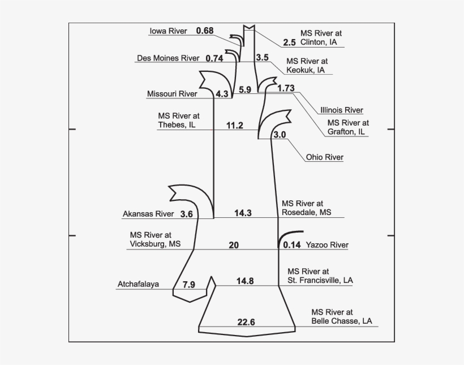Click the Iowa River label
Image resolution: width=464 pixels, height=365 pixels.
pyautogui.click(x=169, y=31)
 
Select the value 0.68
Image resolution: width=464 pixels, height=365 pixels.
pyautogui.click(x=205, y=31)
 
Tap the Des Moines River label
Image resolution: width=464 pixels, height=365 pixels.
pyautogui.click(x=168, y=58)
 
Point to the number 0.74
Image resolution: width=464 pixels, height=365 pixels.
pyautogui.click(x=214, y=58)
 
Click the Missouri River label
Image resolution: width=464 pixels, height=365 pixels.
pyautogui.click(x=172, y=94)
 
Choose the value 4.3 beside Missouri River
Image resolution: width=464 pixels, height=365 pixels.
pyautogui.click(x=222, y=94)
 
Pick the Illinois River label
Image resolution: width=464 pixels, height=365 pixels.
pyautogui.click(x=342, y=110)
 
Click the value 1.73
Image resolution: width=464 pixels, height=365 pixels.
pyautogui.click(x=286, y=88)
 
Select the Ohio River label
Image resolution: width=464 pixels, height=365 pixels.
pyautogui.click(x=325, y=157)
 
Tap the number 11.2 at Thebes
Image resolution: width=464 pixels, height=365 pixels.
pyautogui.click(x=235, y=126)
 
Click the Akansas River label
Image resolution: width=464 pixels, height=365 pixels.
pyautogui.click(x=148, y=214)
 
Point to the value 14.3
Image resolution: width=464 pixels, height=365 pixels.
pyautogui.click(x=243, y=213)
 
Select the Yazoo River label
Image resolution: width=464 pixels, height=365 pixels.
pyautogui.click(x=327, y=245)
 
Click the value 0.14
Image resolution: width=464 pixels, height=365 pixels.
pyautogui.click(x=292, y=245)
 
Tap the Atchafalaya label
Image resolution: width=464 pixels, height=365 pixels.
pyautogui.click(x=138, y=284)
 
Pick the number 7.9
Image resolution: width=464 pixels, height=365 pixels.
pyautogui.click(x=189, y=285)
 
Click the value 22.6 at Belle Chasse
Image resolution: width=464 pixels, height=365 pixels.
pyautogui.click(x=246, y=322)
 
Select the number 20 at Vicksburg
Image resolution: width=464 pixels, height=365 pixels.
pyautogui.click(x=234, y=245)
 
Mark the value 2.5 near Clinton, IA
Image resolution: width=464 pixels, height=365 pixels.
pyautogui.click(x=289, y=42)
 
